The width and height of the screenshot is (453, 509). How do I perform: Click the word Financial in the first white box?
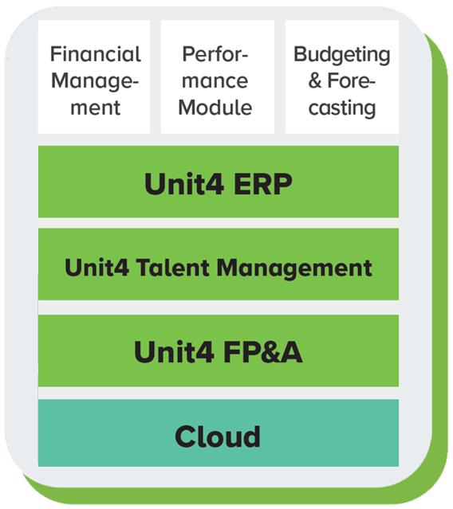95,54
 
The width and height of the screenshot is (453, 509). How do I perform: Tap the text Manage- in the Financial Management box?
95,80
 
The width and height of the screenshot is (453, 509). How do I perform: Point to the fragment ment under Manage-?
95,108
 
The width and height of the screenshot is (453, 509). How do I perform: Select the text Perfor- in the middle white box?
215,54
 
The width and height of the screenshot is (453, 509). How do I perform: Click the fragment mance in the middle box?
215,80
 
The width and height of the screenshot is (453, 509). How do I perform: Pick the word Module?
215,108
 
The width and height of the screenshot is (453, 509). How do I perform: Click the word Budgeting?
341,54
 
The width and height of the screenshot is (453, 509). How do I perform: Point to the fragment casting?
341,108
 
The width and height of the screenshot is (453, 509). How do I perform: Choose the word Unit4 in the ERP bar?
179,183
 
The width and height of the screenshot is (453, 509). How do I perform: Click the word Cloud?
218,436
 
